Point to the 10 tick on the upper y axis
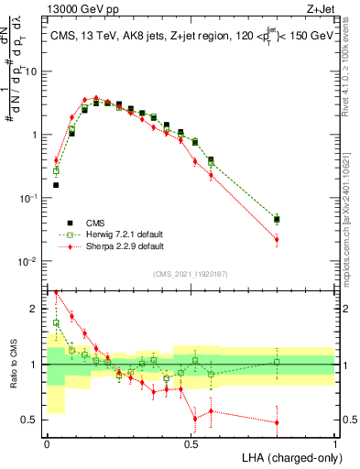[34, 71]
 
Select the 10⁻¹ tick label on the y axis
[30, 198]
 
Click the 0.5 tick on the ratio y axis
[35, 420]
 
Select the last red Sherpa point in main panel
[277, 240]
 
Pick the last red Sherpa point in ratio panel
[277, 422]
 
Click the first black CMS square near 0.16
[56, 185]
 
